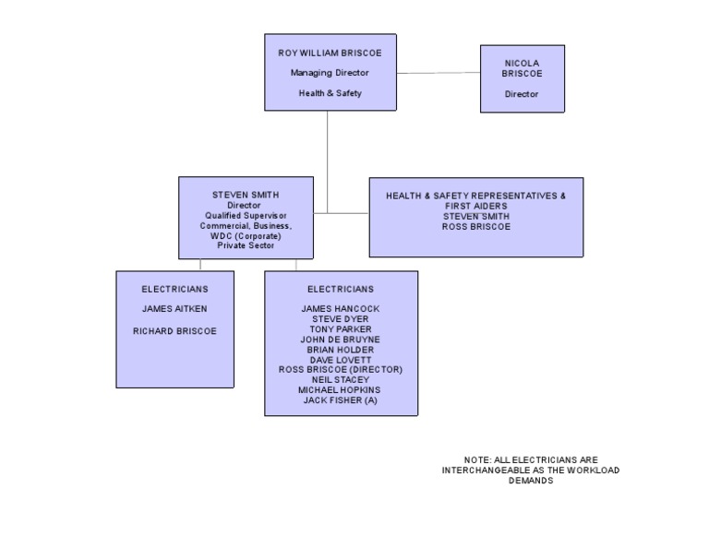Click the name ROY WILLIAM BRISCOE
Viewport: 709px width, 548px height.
(x=330, y=54)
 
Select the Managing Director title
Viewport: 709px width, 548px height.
(x=330, y=73)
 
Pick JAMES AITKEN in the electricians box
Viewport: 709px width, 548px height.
(x=174, y=309)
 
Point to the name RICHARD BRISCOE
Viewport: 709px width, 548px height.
(x=174, y=330)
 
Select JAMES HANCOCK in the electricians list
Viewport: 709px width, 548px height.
(x=341, y=309)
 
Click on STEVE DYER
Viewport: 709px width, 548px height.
(x=341, y=319)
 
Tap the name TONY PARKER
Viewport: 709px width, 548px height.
(x=341, y=329)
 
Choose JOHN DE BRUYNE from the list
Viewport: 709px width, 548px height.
(x=341, y=340)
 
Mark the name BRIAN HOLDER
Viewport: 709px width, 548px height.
(x=341, y=350)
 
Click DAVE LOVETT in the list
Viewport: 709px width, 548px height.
(x=341, y=360)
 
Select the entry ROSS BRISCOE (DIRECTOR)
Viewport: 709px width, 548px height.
(x=341, y=370)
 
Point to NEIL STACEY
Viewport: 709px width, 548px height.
(x=341, y=380)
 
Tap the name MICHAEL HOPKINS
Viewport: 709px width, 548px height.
(x=341, y=390)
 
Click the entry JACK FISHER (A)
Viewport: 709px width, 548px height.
(x=341, y=400)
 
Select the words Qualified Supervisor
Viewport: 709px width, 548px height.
(x=246, y=216)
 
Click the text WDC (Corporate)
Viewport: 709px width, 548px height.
(x=246, y=236)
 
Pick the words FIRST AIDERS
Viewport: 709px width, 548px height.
(x=475, y=207)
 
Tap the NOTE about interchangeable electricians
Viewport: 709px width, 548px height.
(x=531, y=470)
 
